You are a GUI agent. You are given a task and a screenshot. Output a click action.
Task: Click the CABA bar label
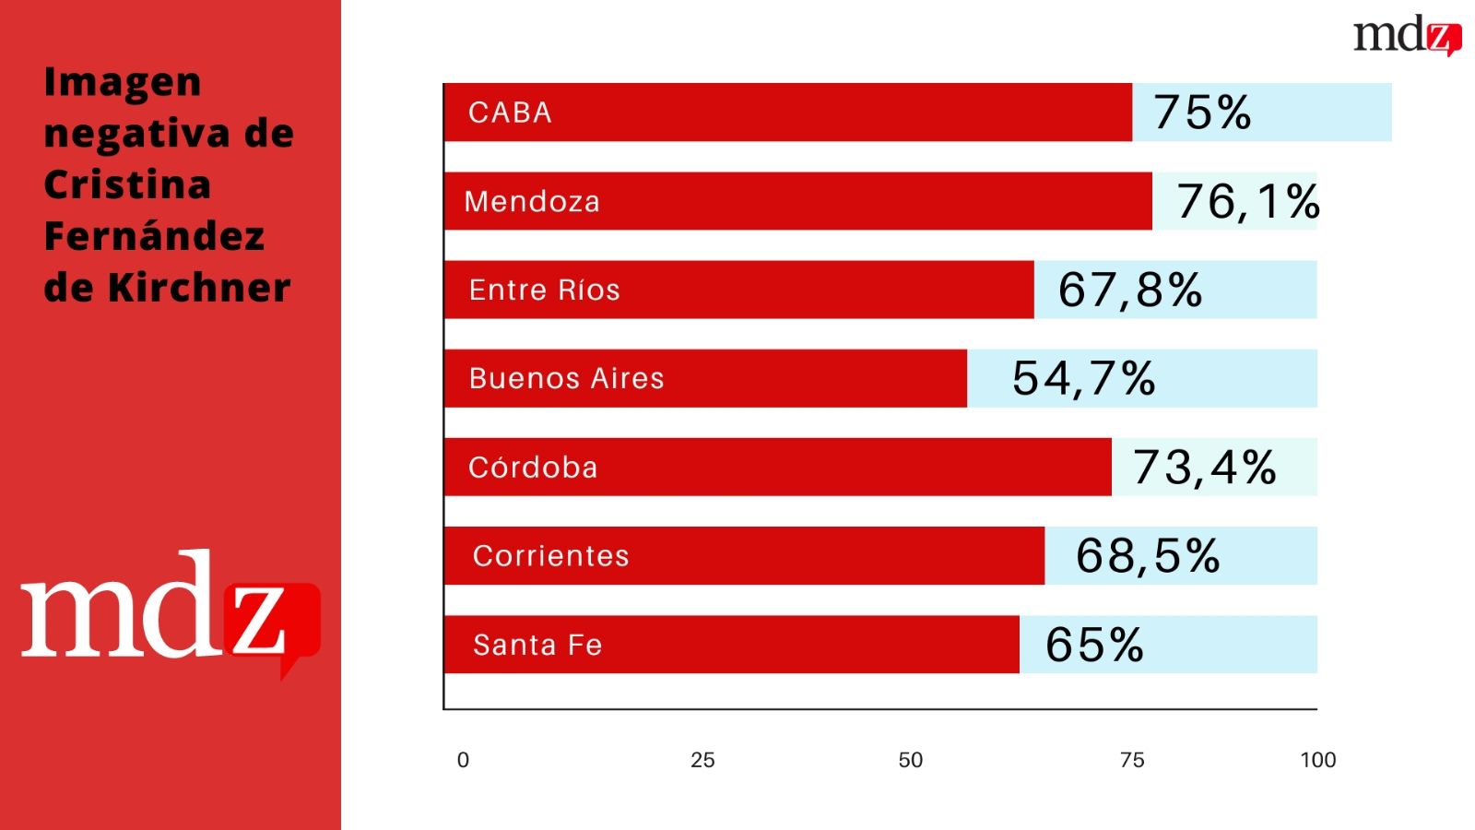[x=510, y=113]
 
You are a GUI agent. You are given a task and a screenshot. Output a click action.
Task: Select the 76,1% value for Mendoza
[x=1248, y=201]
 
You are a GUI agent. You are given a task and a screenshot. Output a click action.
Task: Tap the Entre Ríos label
[x=544, y=290]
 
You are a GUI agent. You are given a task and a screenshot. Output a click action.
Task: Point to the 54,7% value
[x=1083, y=378]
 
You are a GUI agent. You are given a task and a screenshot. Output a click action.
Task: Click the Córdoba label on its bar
[x=533, y=468]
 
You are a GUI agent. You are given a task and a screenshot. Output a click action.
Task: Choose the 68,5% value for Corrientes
[x=1148, y=556]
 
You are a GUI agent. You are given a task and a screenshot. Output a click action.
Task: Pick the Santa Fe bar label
[x=537, y=645]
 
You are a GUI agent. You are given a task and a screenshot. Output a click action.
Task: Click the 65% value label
[x=1094, y=645]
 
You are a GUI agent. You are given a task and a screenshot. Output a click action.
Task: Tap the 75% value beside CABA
[x=1202, y=113]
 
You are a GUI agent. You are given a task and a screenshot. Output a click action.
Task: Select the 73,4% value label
[x=1204, y=468]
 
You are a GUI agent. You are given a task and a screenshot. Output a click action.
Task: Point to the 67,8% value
[x=1130, y=290]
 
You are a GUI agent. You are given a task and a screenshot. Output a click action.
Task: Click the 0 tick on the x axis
[x=463, y=760]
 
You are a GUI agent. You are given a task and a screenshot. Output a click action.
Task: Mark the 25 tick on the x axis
[x=702, y=760]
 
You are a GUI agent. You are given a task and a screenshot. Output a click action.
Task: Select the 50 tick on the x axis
[x=910, y=760]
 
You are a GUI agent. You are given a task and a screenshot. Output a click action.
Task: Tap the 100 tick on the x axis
[x=1317, y=760]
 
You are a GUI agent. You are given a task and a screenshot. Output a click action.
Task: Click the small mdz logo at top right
[x=1407, y=36]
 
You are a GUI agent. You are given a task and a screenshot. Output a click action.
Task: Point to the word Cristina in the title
[x=127, y=184]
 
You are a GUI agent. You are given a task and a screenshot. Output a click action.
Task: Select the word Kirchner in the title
[x=199, y=288]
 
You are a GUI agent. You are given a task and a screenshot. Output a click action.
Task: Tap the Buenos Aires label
[x=566, y=378]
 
